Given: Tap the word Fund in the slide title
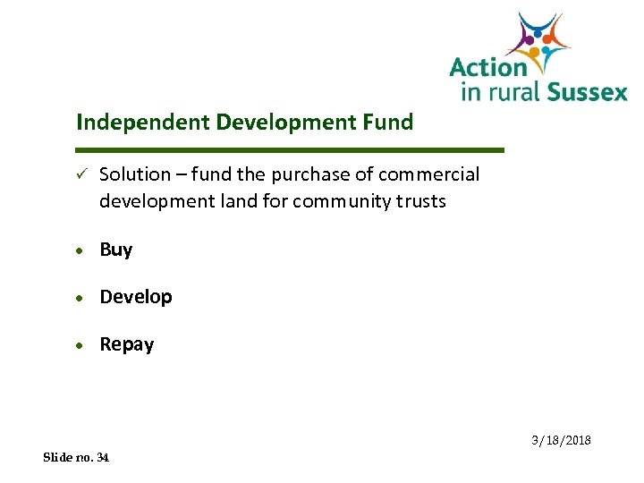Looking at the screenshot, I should (x=390, y=122).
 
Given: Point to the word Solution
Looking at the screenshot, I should (x=134, y=174).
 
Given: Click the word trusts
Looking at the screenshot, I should (x=420, y=201).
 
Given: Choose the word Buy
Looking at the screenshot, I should (x=116, y=250).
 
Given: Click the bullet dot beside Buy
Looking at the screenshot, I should (x=80, y=250).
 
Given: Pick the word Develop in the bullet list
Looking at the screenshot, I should (x=136, y=297).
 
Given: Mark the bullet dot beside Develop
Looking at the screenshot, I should (x=80, y=298).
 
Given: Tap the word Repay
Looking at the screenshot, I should (x=127, y=344).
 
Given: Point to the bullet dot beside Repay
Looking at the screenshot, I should (x=80, y=345).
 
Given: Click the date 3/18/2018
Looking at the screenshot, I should (x=561, y=441).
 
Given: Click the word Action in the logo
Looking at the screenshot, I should (x=488, y=68).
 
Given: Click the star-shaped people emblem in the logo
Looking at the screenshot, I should (x=538, y=42).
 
